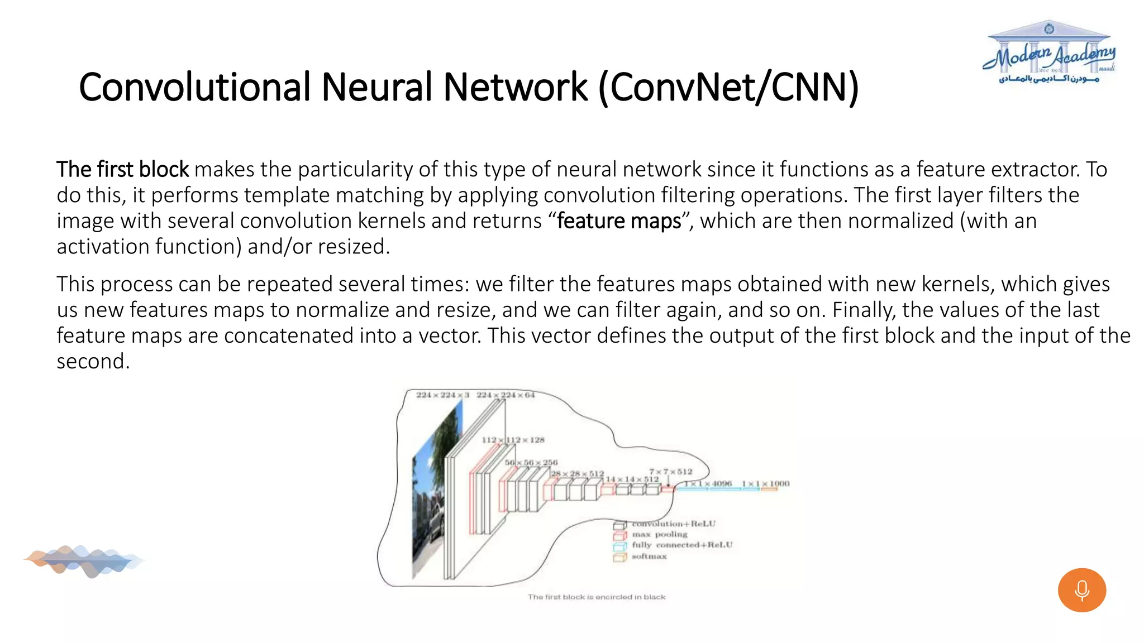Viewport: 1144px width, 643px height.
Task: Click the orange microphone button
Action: click(x=1081, y=590)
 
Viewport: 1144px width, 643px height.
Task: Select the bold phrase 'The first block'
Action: click(x=122, y=169)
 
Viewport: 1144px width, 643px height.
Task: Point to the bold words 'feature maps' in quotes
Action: click(x=619, y=221)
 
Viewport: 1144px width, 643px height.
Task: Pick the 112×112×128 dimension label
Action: click(x=513, y=440)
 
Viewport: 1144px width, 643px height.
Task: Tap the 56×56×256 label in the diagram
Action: click(x=531, y=463)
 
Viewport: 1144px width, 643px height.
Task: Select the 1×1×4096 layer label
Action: click(x=708, y=483)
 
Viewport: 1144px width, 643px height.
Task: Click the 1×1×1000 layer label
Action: click(x=765, y=483)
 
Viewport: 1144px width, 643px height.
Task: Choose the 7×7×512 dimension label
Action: click(x=670, y=472)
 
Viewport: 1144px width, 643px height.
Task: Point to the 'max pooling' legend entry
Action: click(x=659, y=535)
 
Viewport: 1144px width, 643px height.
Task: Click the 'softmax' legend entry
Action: click(x=649, y=556)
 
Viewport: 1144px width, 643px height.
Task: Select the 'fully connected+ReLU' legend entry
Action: click(x=681, y=545)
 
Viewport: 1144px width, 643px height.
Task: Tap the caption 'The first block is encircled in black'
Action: click(x=597, y=597)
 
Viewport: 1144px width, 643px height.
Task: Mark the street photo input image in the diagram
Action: click(x=437, y=491)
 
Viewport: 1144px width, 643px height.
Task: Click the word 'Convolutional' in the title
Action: click(x=194, y=88)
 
